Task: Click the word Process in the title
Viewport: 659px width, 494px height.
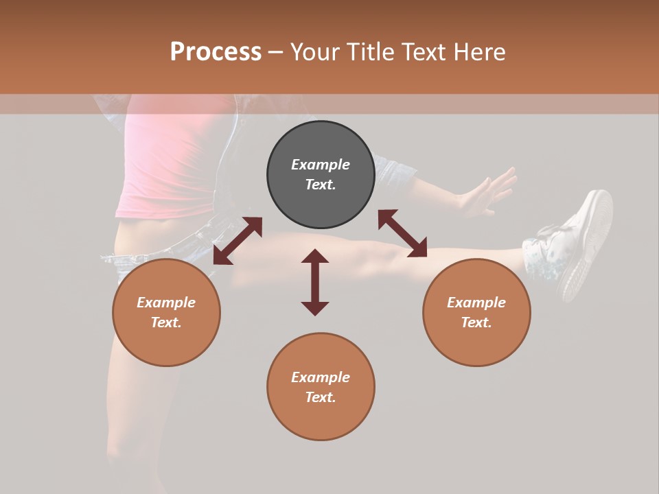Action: pos(216,52)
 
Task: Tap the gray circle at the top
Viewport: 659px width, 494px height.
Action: pos(321,174)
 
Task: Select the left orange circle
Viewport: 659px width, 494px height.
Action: pos(166,312)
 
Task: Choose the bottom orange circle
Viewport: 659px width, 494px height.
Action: pos(321,387)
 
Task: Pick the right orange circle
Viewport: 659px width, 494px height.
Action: pos(476,312)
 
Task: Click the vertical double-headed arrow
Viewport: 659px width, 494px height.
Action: pos(315,282)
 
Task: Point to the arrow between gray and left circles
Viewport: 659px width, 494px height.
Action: pos(238,241)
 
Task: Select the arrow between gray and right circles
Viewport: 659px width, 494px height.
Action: pos(402,233)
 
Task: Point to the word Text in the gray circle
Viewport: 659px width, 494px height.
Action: pos(321,185)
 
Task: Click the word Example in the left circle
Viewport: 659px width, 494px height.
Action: pos(166,303)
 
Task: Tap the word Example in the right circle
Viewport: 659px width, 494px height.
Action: pos(476,303)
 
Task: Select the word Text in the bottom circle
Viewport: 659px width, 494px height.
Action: pos(321,397)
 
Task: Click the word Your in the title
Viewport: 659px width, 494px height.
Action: pos(313,52)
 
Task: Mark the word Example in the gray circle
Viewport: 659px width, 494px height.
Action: pos(321,165)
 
